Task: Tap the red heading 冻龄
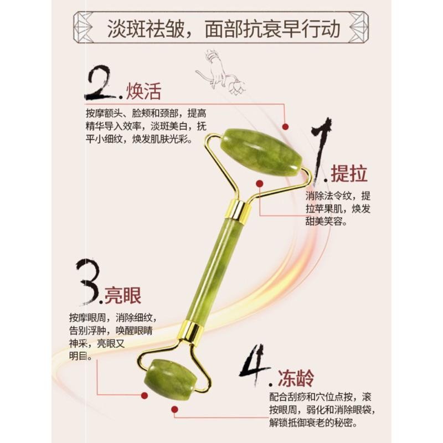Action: [296, 378]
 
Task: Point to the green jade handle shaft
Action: [214, 271]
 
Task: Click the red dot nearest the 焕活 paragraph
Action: [285, 127]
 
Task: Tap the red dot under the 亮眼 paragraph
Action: [143, 395]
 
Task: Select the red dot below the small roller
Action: [174, 410]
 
